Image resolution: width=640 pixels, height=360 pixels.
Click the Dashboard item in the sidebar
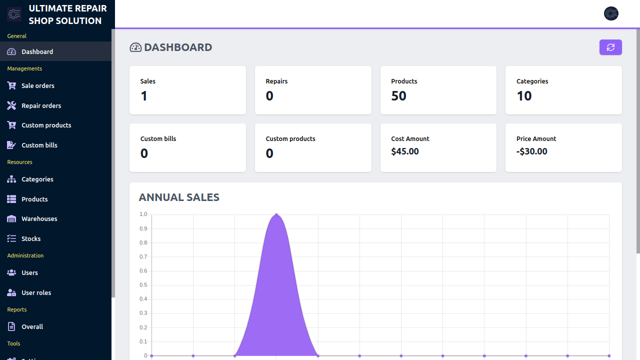coord(37,51)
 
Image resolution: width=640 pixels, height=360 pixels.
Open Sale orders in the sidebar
coord(37,85)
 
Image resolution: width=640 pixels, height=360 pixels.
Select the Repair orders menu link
coord(41,105)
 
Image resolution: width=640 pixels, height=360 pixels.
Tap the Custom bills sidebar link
coord(39,145)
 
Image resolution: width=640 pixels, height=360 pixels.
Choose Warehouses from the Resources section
coord(39,218)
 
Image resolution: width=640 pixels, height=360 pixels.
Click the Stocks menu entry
coord(30,238)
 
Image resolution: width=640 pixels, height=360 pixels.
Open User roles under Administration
coord(36,292)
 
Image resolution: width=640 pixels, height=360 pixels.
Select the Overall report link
coord(32,326)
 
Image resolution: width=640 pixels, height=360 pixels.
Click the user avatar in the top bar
coord(611,13)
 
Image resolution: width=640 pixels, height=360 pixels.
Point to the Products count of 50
coord(398,96)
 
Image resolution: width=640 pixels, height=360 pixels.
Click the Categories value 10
coord(524,96)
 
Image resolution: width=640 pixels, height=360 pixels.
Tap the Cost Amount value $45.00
coord(405,151)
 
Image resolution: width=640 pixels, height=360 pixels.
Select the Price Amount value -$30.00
coord(532,151)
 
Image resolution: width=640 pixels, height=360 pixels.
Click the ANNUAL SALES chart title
coord(179,197)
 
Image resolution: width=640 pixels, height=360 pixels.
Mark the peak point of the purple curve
coord(276,215)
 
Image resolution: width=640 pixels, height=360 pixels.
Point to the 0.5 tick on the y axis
coord(143,285)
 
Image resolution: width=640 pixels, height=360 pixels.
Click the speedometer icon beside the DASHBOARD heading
coord(135,47)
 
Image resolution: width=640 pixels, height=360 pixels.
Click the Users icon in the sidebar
coord(11,272)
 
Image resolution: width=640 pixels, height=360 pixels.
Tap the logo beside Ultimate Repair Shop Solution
coord(14,14)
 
